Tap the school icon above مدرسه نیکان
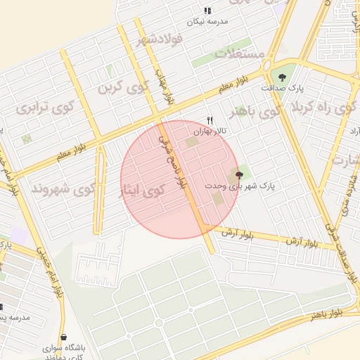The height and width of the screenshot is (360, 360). coord(207,11)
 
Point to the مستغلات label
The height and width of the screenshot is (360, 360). coord(240,54)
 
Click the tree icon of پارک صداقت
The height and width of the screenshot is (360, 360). coord(282,77)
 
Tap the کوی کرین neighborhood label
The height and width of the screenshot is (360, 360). coord(124,88)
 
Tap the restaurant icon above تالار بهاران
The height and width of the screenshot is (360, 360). coord(209,121)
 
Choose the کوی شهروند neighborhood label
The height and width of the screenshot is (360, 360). coord(63,189)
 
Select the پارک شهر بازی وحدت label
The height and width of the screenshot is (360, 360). coord(240,186)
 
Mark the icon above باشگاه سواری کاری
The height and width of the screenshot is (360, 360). coord(65,337)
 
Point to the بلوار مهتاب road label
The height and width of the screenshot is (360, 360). coord(164,88)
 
